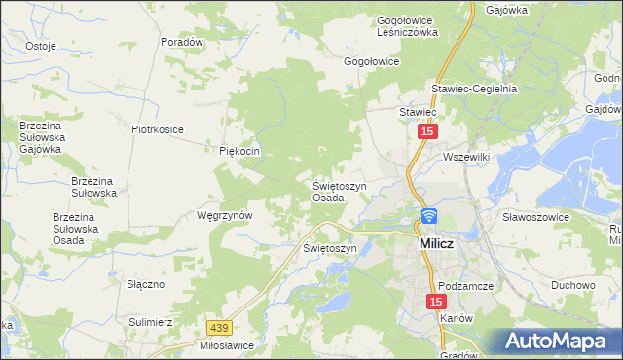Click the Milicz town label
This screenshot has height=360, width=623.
click(x=438, y=244)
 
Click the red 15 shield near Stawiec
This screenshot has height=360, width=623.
click(x=427, y=129)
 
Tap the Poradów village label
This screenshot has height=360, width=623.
click(x=182, y=43)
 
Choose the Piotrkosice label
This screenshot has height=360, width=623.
click(x=158, y=128)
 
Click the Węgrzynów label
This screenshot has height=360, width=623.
click(x=225, y=214)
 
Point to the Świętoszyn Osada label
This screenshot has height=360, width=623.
click(x=339, y=191)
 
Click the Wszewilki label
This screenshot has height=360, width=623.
click(x=469, y=157)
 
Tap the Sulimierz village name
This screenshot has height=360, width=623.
click(x=150, y=320)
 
